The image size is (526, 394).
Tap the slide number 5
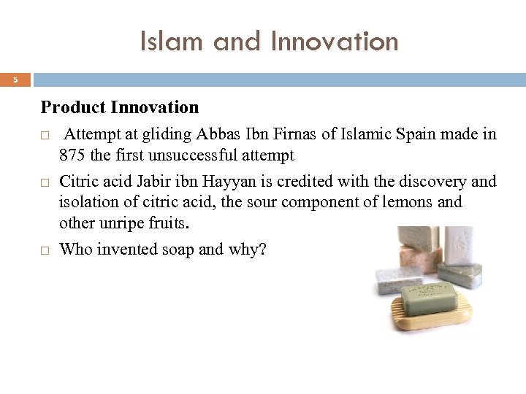tap(15, 80)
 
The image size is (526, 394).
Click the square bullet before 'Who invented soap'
tap(45, 250)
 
